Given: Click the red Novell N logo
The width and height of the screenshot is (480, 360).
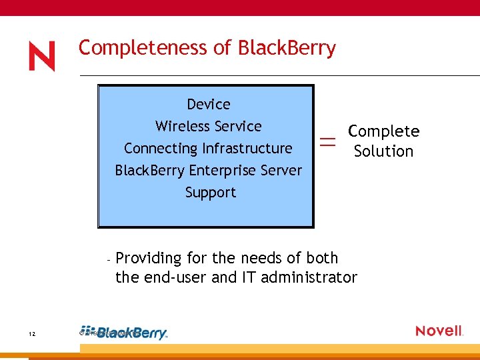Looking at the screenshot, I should tap(41, 56).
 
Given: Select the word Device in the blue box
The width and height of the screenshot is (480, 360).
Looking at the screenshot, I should tap(209, 105).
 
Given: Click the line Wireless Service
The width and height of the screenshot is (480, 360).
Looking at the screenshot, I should tap(209, 127).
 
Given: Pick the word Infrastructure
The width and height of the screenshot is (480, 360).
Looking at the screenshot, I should tap(247, 149).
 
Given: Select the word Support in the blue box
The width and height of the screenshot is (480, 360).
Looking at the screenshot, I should tap(211, 193).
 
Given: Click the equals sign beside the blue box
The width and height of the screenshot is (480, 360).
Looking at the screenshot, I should tap(327, 141).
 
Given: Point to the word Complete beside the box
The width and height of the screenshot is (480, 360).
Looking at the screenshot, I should tap(384, 131).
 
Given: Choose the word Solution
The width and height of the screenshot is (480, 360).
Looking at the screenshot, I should tap(384, 151).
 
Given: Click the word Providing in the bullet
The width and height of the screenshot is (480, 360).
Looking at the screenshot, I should tap(148, 259).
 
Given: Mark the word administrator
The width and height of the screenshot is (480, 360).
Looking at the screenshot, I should tap(309, 277).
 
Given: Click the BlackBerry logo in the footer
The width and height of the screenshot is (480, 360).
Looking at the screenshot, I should tap(127, 333).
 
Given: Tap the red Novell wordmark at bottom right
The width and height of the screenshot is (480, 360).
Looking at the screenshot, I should tap(439, 331).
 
